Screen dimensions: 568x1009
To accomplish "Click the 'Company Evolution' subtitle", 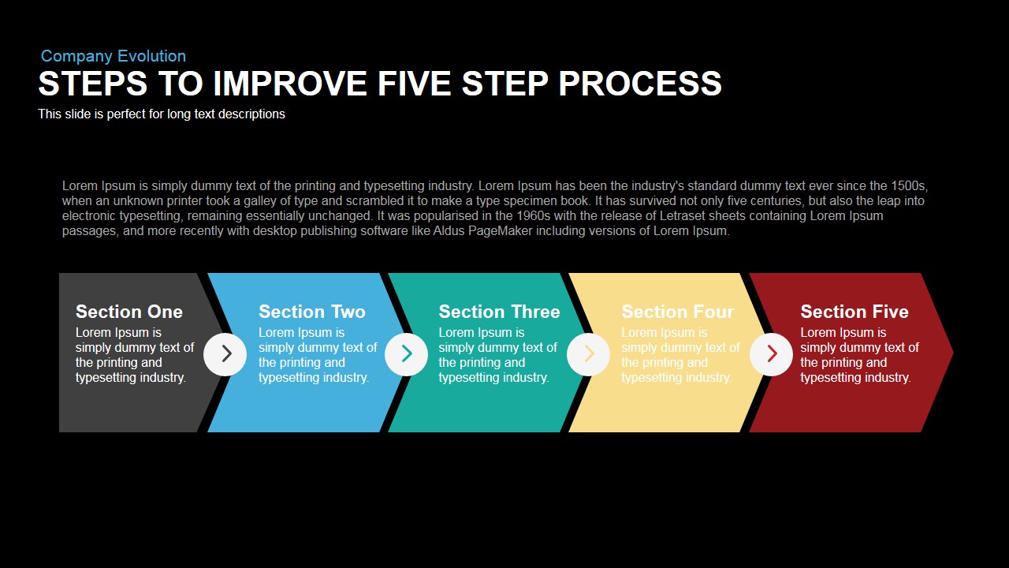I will (x=114, y=56).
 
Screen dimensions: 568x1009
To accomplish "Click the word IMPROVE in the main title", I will (x=290, y=84).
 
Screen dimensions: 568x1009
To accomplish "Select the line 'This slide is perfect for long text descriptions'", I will (x=162, y=114).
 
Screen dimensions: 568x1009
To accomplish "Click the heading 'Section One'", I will (x=129, y=312).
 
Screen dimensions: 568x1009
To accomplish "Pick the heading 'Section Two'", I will (x=312, y=312).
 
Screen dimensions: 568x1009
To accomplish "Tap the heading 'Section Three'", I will (x=499, y=312).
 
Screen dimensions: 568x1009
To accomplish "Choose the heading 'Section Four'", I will (x=677, y=312).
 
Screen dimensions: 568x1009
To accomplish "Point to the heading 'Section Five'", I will (x=854, y=312).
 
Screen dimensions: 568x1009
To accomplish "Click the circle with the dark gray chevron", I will (x=225, y=354).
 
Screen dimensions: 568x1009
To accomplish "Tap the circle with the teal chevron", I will (x=406, y=354).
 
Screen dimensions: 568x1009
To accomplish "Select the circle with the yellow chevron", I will (x=588, y=354).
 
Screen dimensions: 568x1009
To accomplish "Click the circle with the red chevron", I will (x=771, y=354).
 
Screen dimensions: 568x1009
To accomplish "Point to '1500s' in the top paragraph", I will (x=909, y=186).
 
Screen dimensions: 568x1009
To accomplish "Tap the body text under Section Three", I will (x=497, y=355).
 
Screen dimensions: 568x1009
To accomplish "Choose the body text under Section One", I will (x=135, y=355).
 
